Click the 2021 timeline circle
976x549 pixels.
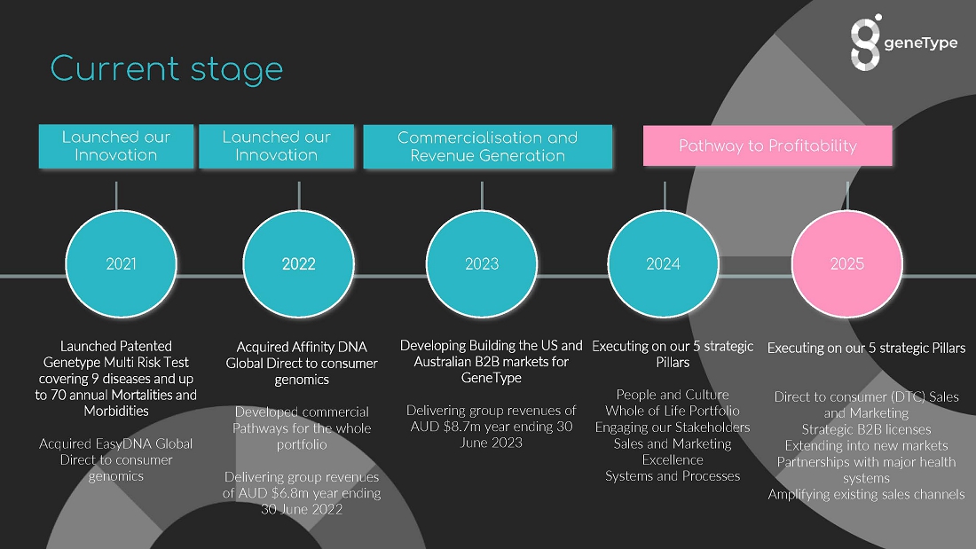[122, 264]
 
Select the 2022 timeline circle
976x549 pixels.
[299, 264]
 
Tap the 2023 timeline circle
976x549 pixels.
[482, 264]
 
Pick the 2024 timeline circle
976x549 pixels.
[664, 264]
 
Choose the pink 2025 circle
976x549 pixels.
[847, 264]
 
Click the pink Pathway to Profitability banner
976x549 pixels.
[767, 145]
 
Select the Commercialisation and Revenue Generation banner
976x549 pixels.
[488, 146]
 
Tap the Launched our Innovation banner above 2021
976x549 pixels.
[115, 146]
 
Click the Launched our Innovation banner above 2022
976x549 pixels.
[276, 146]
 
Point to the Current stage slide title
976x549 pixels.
[167, 69]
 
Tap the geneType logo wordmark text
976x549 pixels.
[921, 43]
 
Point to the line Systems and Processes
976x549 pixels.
[673, 476]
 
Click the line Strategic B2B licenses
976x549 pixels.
[867, 429]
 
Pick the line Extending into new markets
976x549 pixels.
[867, 445]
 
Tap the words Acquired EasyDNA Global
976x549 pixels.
[115, 443]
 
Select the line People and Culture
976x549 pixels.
[673, 395]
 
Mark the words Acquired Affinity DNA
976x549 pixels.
[302, 348]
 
